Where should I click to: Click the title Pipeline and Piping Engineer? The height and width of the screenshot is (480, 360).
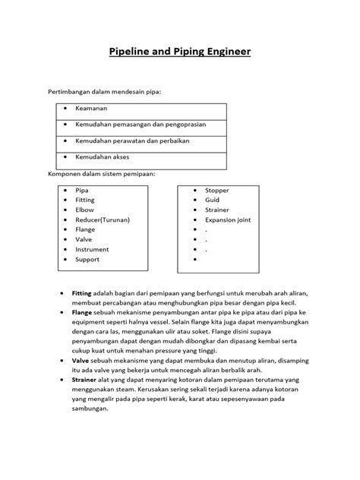click(180, 52)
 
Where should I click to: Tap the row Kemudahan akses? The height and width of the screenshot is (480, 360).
click(103, 156)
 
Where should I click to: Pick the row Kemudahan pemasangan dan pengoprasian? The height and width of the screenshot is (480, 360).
click(141, 125)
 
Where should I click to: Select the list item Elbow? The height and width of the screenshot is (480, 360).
click(85, 210)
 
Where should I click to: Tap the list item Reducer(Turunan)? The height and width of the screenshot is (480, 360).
click(103, 219)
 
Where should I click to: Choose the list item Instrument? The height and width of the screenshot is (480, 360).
click(93, 249)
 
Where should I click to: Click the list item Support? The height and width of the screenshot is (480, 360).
click(88, 259)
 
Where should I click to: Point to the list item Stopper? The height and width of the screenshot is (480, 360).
click(216, 190)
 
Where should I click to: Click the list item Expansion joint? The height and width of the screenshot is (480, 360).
click(229, 219)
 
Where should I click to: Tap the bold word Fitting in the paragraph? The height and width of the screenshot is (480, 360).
click(81, 292)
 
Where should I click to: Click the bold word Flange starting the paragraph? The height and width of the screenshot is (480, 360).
click(81, 312)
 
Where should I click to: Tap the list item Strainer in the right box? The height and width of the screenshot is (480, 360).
click(217, 210)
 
